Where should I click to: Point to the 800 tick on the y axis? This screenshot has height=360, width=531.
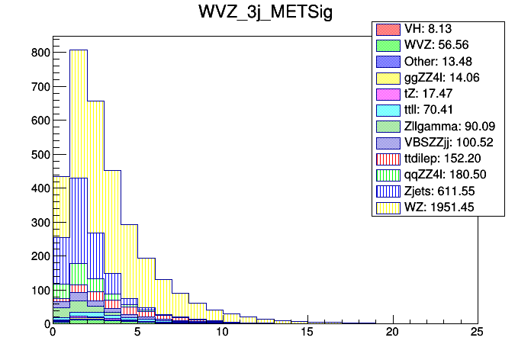(39, 53)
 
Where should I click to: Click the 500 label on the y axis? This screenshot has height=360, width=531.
(39, 154)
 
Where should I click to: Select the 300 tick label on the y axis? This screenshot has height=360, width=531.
(39, 222)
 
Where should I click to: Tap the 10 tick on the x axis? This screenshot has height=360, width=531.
(222, 333)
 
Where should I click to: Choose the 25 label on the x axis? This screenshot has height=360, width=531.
(477, 333)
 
